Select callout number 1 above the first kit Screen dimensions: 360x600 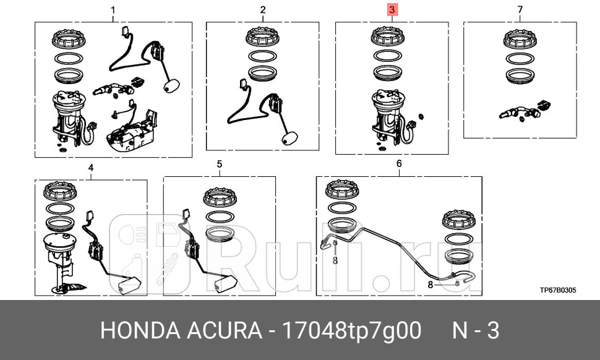[x=113, y=10]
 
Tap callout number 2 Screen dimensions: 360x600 [x=263, y=10]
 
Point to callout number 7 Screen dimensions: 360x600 [x=520, y=10]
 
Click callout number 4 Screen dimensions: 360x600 [x=91, y=168]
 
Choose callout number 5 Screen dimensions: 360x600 [x=220, y=164]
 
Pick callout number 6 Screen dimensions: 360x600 [x=399, y=164]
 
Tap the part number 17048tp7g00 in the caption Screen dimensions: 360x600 [x=351, y=331]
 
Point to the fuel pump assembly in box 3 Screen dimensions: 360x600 [x=388, y=118]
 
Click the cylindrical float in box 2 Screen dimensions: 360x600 [x=288, y=139]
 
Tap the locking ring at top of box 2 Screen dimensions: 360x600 [x=263, y=37]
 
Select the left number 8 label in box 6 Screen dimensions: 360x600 [x=335, y=261]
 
